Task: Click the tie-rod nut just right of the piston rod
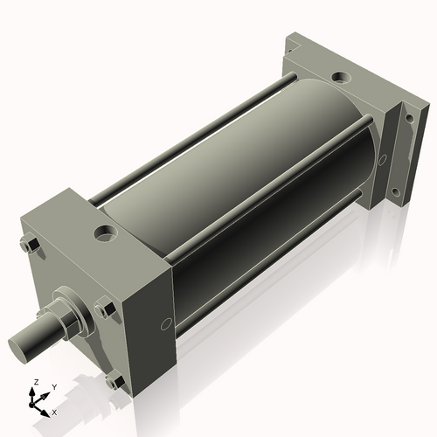click(x=106, y=308)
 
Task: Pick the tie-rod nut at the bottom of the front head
click(x=112, y=380)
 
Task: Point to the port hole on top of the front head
click(x=106, y=234)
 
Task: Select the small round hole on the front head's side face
click(x=166, y=324)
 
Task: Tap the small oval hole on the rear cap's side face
click(x=381, y=160)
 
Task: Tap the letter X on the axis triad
click(x=54, y=411)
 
